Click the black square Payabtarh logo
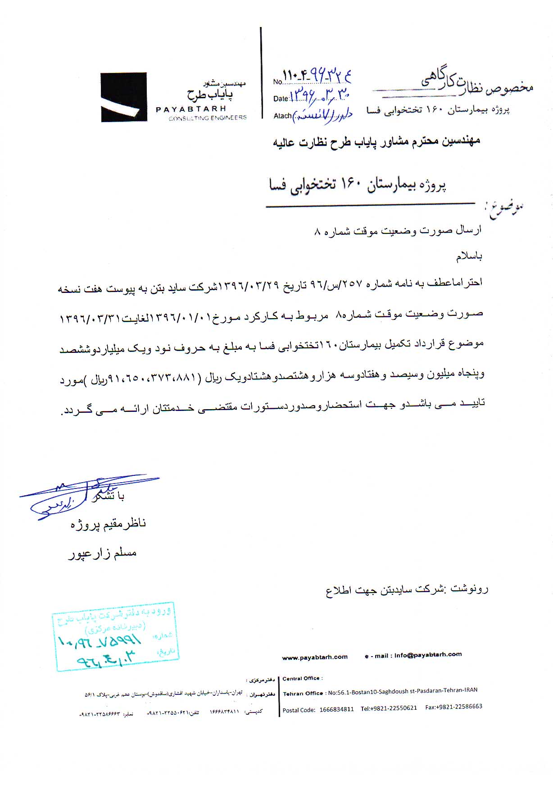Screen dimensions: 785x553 pyautogui.click(x=124, y=97)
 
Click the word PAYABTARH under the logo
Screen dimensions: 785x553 pyautogui.click(x=191, y=109)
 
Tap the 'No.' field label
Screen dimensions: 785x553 pyautogui.click(x=277, y=82)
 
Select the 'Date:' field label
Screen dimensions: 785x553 pyautogui.click(x=281, y=99)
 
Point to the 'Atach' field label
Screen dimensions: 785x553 pyautogui.click(x=282, y=116)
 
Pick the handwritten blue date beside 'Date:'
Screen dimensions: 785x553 pyautogui.click(x=320, y=95)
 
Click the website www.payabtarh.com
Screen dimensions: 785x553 pyautogui.click(x=315, y=657)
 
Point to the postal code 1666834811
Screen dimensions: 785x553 pyautogui.click(x=336, y=709)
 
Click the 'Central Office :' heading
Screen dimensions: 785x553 pyautogui.click(x=302, y=678)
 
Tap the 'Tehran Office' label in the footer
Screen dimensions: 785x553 pyautogui.click(x=303, y=694)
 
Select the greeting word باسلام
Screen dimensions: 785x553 pyautogui.click(x=469, y=256)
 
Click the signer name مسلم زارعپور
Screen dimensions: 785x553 pyautogui.click(x=102, y=554)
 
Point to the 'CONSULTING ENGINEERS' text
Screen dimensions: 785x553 pyautogui.click(x=208, y=118)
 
